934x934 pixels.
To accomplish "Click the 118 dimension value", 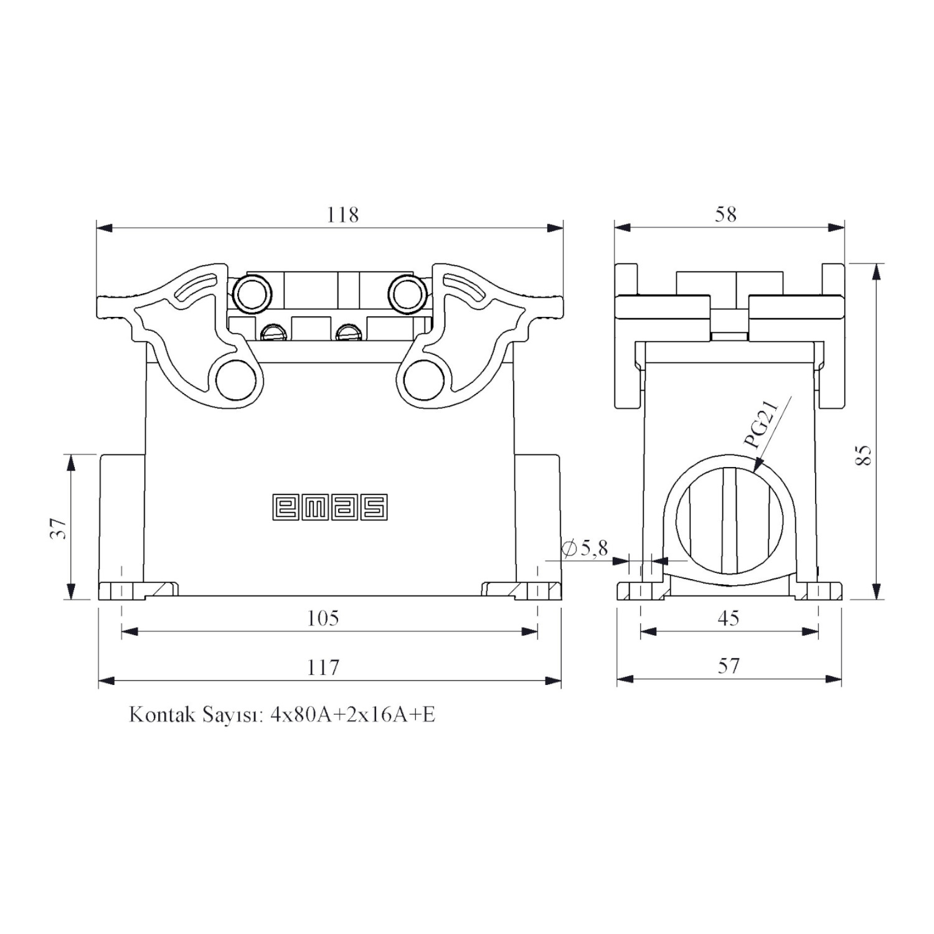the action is click(343, 215).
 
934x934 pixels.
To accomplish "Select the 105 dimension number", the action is click(323, 618).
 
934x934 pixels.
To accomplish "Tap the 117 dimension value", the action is click(323, 667).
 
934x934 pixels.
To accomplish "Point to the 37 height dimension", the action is click(59, 529).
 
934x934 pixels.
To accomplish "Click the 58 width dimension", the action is click(726, 215).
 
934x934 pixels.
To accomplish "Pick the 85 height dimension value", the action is click(863, 455).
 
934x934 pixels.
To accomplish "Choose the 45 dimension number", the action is click(729, 618).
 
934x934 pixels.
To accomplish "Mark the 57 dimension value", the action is click(729, 666).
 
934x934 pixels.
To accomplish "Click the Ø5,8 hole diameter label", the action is click(585, 548).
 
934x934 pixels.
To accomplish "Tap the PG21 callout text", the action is click(762, 424).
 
